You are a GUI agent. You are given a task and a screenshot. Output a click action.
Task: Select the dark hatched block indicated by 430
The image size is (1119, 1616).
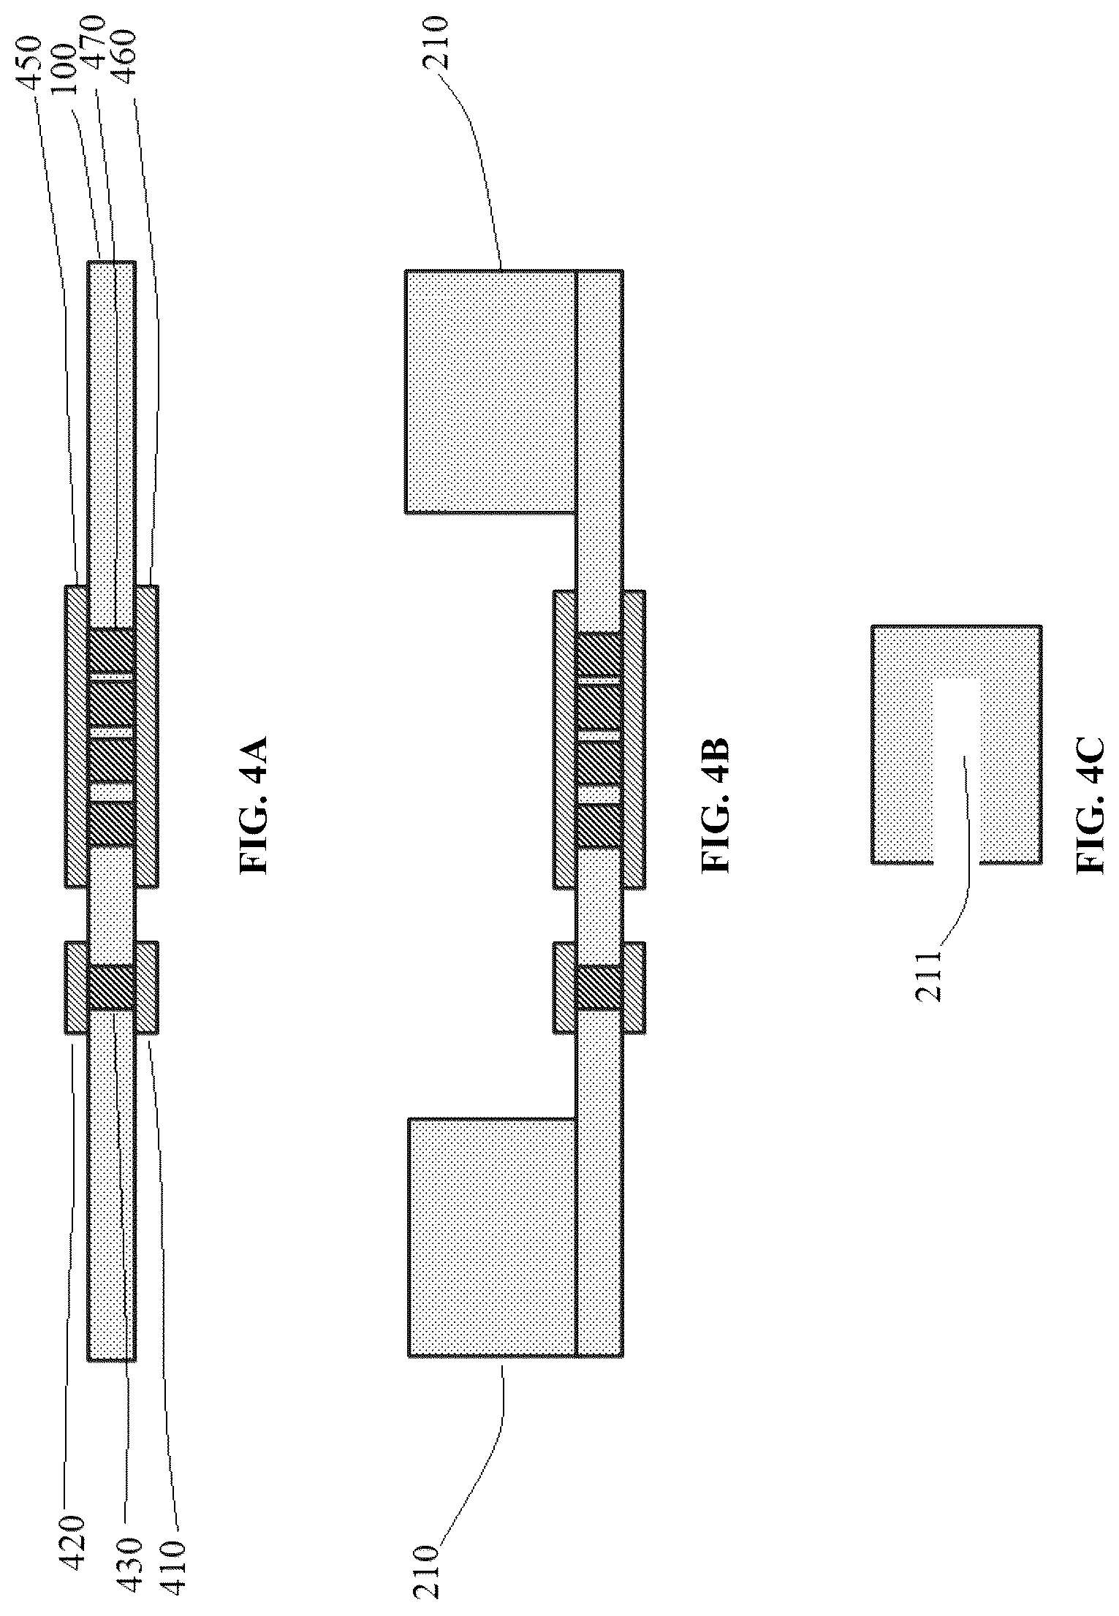(110, 987)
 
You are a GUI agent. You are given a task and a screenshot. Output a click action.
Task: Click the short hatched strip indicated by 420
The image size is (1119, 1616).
(77, 987)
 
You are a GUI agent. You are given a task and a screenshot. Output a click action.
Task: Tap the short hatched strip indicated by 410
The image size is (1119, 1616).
(146, 987)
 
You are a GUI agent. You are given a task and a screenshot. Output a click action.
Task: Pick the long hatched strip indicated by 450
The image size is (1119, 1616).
(77, 736)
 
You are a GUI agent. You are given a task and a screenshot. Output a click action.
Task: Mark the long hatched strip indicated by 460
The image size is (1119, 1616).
(146, 736)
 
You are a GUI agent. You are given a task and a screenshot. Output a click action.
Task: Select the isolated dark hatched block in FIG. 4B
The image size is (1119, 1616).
(599, 987)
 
